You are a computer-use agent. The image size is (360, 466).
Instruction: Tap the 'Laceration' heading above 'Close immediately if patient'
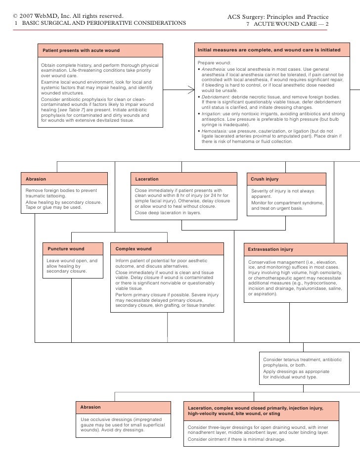point(147,179)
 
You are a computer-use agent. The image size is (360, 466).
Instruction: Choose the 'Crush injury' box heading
point(265,179)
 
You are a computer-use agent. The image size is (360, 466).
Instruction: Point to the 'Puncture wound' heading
point(66,249)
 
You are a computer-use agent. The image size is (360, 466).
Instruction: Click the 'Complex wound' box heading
point(134,249)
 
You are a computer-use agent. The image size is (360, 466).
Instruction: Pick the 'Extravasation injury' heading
point(270,249)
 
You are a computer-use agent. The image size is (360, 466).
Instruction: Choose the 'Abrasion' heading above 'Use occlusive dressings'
point(90,407)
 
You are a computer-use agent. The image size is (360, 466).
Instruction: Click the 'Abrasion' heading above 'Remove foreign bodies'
point(36,179)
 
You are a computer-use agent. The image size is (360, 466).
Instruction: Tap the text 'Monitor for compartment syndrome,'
point(287,203)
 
